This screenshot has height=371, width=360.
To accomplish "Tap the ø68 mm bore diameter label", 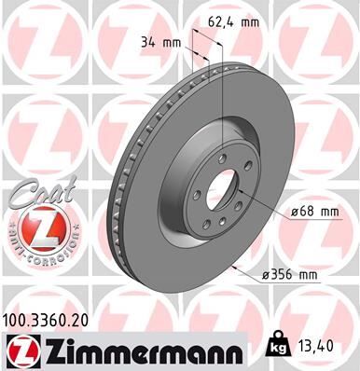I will [x=312, y=212].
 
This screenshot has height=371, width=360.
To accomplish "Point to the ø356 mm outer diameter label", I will [x=292, y=274].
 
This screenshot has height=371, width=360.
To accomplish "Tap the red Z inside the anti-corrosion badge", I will [x=37, y=227].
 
